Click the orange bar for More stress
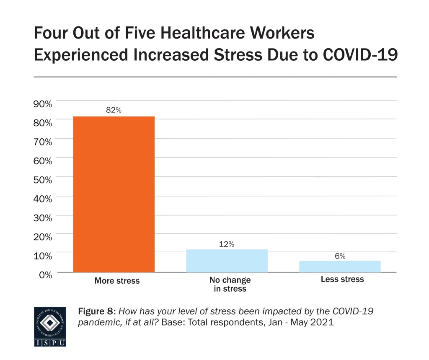tap(114, 194)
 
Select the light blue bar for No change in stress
tap(227, 261)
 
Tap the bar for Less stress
tap(340, 267)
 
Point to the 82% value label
tap(114, 110)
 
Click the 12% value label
tap(227, 243)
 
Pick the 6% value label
tap(340, 256)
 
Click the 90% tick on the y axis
tap(43, 104)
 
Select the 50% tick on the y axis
tap(43, 180)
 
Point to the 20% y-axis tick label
tap(43, 237)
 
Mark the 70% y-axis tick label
tap(43, 142)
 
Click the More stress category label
tap(117, 281)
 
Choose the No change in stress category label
tap(230, 284)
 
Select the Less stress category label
tap(342, 279)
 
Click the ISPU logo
tap(49, 326)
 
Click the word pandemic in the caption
tap(97, 323)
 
